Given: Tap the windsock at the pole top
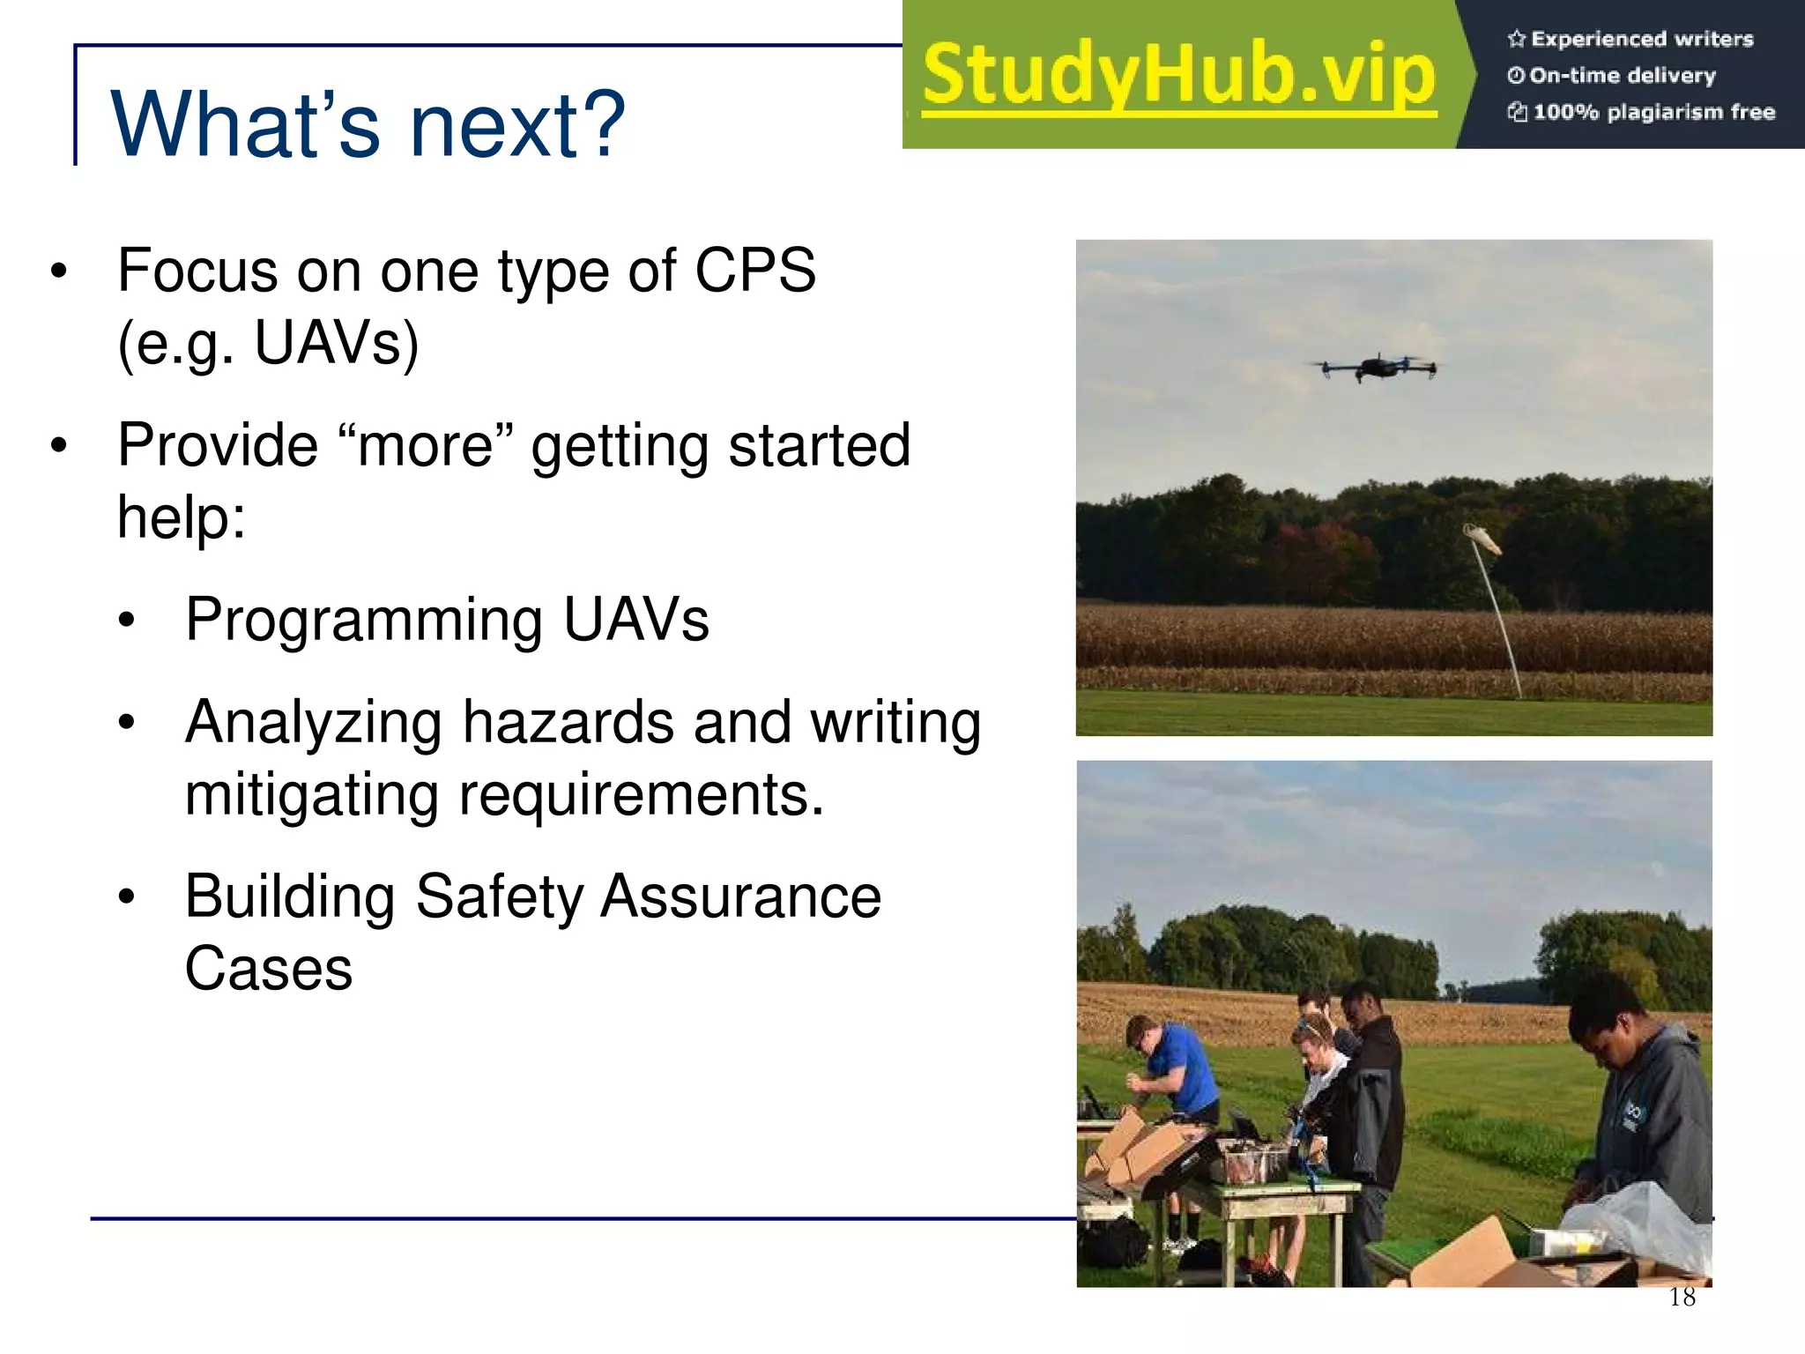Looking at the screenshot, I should pos(1482,537).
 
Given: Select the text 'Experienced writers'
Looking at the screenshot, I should pos(1641,39).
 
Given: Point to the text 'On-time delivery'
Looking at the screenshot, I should pos(1622,76).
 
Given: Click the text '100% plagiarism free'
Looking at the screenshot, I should pos(1653,112).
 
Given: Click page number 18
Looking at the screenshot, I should pos(1682,1297).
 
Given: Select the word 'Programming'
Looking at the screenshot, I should pos(364,620).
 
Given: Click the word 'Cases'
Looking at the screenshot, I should pos(269,969).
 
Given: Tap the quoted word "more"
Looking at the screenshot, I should pos(425,446).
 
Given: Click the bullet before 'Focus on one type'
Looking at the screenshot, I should pos(58,272).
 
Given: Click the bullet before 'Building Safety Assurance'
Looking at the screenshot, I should pos(127,897).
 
